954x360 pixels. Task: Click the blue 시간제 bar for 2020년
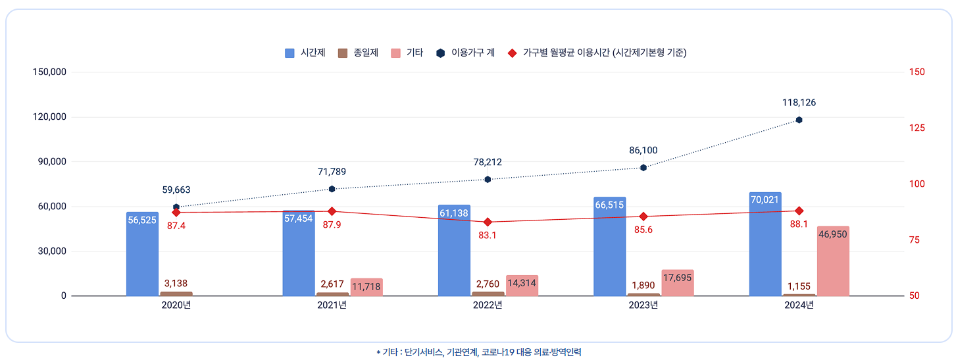[142, 257]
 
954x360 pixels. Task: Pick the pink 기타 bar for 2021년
[366, 288]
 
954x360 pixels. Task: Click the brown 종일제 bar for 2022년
[488, 294]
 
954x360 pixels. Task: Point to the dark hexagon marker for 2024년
[799, 120]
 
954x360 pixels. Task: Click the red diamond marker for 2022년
[488, 222]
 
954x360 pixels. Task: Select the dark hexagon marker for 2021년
[332, 189]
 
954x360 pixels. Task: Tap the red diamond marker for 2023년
[643, 217]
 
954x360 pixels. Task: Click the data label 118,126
[799, 103]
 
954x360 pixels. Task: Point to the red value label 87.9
[332, 224]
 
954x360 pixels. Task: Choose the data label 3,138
[176, 284]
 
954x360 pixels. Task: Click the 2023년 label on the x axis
[643, 305]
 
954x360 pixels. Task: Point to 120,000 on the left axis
[49, 117]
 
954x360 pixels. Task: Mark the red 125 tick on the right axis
[916, 128]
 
